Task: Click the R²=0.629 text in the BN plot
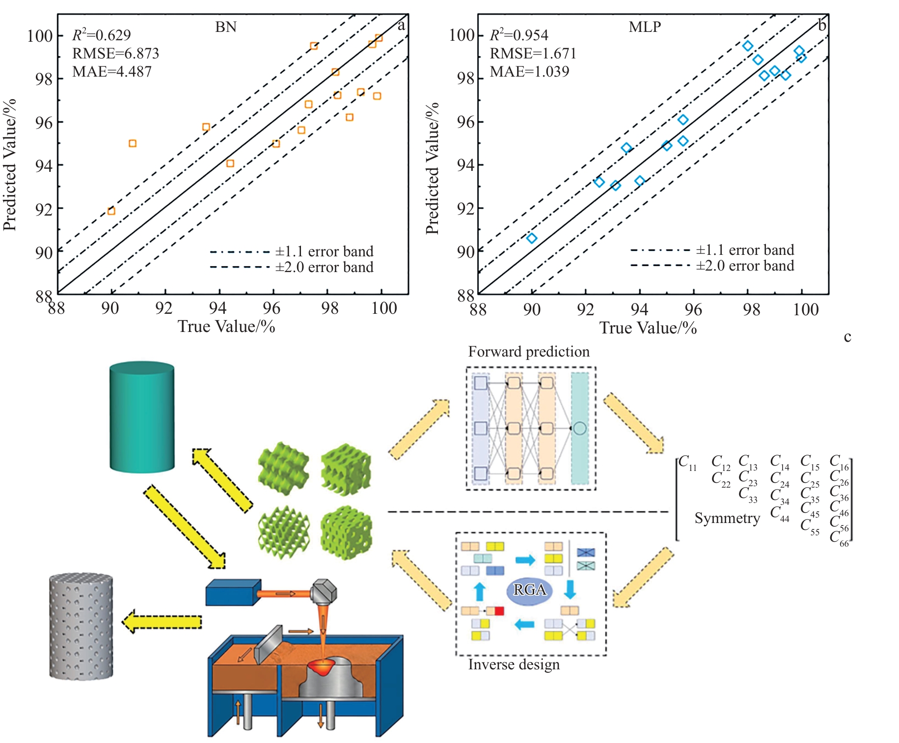pos(102,35)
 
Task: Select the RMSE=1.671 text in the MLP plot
pos(533,53)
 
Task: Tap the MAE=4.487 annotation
pos(112,72)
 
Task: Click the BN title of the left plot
pos(226,27)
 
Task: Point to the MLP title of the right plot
pos(645,27)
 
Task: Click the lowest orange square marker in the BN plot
pos(111,211)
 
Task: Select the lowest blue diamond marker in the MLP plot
pos(531,238)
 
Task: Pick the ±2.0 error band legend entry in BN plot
pos(292,267)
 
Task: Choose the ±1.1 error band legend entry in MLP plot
pos(712,250)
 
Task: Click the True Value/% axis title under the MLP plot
pos(648,328)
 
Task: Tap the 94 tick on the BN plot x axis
pos(218,308)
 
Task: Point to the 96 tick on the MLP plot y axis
pos(466,122)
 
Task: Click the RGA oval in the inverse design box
pos(529,590)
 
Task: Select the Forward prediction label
pos(529,352)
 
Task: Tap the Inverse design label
pos(514,664)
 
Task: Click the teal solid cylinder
pos(142,417)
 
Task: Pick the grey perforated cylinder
pos(81,627)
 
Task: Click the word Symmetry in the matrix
pos(727,518)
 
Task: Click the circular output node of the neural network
pos(579,428)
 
